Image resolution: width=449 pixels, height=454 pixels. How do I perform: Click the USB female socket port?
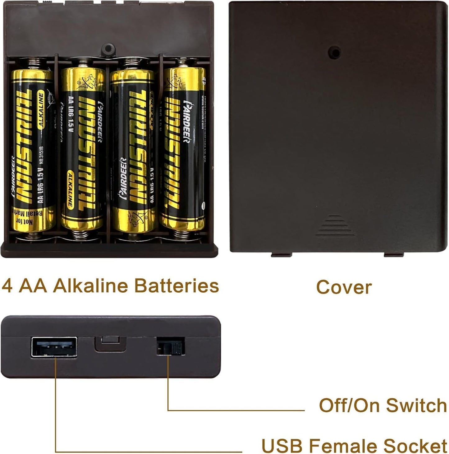click(x=54, y=347)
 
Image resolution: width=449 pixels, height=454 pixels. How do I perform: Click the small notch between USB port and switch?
click(x=110, y=343)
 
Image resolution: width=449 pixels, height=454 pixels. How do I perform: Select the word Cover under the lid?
click(x=344, y=287)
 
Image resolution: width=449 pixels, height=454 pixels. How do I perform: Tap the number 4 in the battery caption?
click(x=7, y=286)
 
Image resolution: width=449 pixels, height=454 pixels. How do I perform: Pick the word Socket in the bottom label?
click(x=415, y=445)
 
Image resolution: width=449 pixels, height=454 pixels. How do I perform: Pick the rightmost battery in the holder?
click(x=183, y=149)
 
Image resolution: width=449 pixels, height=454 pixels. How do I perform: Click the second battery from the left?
click(x=82, y=149)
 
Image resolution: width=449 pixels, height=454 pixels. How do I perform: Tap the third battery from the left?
click(x=133, y=151)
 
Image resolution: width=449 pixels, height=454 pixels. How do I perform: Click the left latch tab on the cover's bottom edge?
click(x=281, y=255)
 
